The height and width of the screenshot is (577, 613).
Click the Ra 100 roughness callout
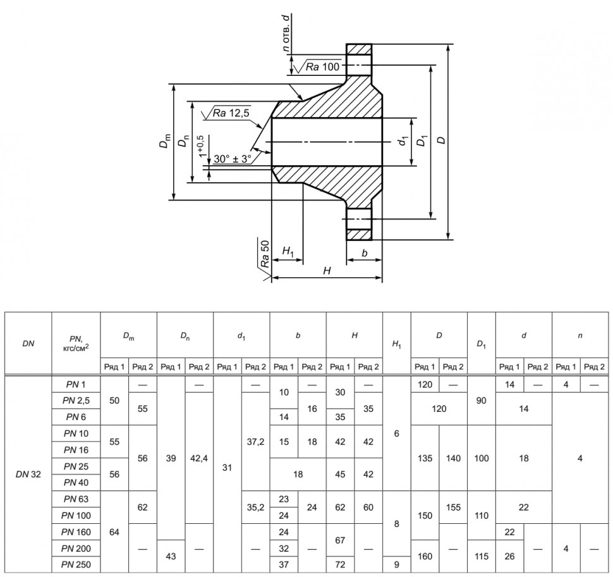click(322, 67)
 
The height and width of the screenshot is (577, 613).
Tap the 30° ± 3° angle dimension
click(232, 159)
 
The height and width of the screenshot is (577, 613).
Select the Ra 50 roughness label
click(265, 254)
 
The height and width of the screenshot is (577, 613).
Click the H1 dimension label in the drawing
click(288, 251)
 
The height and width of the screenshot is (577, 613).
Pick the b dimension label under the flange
click(365, 253)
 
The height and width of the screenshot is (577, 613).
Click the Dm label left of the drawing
click(165, 141)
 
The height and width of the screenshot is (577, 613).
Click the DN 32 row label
click(28, 474)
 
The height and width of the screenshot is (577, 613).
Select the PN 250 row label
click(76, 564)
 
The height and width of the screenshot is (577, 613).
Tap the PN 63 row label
click(76, 499)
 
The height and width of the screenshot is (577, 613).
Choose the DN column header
click(28, 344)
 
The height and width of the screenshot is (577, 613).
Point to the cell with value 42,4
click(199, 458)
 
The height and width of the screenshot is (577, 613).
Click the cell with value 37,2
click(256, 442)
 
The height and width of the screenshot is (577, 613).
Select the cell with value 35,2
click(256, 507)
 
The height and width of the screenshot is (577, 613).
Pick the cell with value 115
click(482, 556)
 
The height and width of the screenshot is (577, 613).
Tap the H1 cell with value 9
click(396, 564)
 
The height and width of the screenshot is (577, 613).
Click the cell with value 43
click(171, 556)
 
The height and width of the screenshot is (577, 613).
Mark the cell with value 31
click(227, 468)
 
